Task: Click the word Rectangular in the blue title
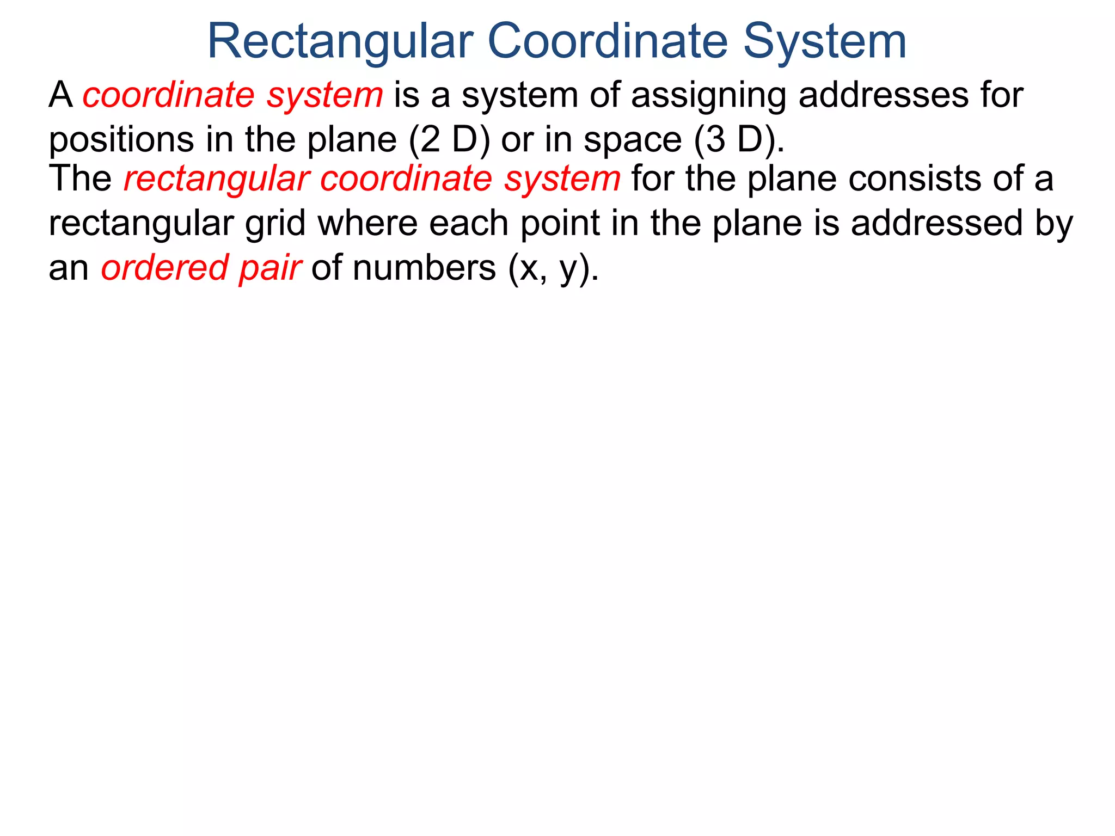coord(340,41)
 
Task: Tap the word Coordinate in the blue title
coord(607,41)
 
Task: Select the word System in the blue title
coord(825,41)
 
